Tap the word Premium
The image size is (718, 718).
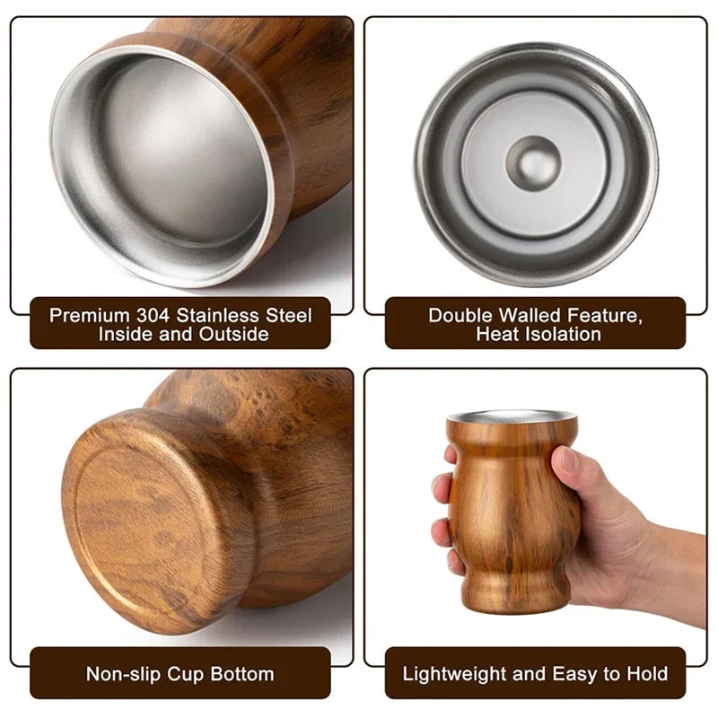[90, 315]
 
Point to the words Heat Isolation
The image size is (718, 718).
[538, 334]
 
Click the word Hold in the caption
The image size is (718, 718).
[648, 673]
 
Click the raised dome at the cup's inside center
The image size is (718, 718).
[533, 162]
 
